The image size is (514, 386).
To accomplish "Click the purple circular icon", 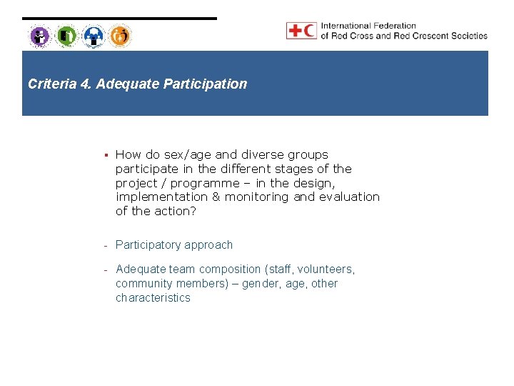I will tap(40, 36).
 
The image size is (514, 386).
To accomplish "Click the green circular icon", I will tap(66, 36).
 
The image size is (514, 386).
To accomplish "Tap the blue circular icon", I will tap(94, 36).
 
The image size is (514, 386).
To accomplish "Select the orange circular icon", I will tap(120, 36).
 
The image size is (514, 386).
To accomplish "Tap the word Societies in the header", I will tap(469, 36).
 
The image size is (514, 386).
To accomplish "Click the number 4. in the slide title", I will tap(85, 84).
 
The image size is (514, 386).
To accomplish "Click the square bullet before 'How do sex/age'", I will tap(105, 154).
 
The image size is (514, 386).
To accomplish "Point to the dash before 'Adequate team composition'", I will tap(105, 269).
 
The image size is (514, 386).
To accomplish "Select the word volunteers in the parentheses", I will tap(323, 269).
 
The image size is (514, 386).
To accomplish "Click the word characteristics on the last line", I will tap(153, 298).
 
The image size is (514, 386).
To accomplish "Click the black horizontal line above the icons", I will tap(119, 19).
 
